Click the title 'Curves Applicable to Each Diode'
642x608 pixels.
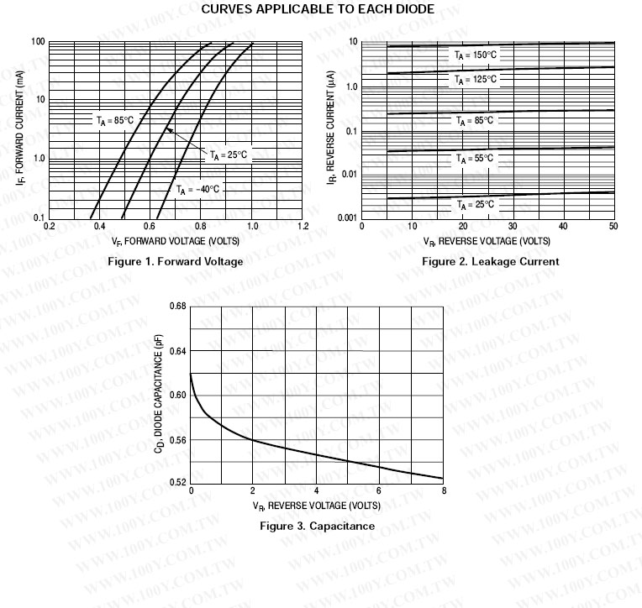point(318,9)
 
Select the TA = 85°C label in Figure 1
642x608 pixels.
point(114,121)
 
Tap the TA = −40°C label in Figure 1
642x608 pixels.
point(197,190)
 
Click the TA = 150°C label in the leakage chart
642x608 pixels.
point(476,55)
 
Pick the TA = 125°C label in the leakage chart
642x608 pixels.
point(476,80)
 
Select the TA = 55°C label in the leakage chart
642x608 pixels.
point(476,158)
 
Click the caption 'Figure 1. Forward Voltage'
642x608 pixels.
point(176,261)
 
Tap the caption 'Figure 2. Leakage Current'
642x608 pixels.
point(490,261)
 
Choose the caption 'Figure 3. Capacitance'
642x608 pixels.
point(317,527)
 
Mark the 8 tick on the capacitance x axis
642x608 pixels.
point(443,491)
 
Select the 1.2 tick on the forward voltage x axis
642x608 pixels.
point(303,226)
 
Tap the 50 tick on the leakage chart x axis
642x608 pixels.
point(613,226)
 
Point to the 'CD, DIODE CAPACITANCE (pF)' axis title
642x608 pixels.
point(159,395)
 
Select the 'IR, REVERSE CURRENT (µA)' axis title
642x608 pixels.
point(332,131)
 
